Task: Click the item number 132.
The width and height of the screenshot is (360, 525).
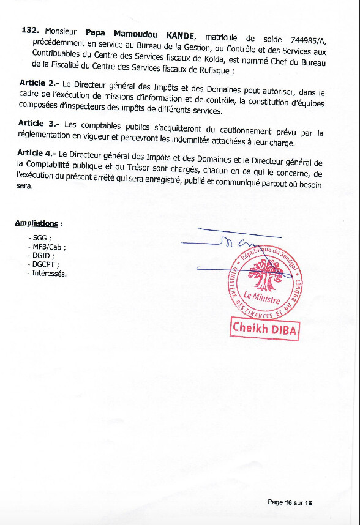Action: (30, 29)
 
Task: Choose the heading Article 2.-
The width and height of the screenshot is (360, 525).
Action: (38, 83)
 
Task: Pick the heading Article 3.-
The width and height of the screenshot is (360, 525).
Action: (39, 124)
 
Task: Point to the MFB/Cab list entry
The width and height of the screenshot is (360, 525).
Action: (47, 247)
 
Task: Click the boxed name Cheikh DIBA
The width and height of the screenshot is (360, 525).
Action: (264, 329)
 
